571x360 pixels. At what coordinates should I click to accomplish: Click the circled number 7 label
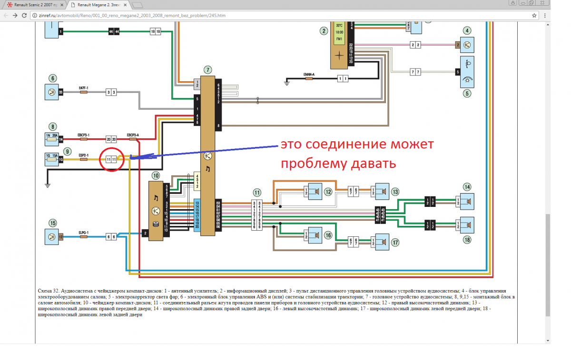tap(207, 69)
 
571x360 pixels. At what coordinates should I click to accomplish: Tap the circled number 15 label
tap(53, 222)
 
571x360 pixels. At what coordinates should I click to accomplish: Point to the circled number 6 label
tap(53, 78)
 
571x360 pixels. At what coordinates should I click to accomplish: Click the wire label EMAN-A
tap(308, 74)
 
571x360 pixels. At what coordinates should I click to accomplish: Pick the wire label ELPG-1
tap(84, 233)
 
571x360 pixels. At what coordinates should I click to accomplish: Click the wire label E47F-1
tap(83, 88)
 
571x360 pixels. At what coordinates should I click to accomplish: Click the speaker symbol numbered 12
tap(315, 192)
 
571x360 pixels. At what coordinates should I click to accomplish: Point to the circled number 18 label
tap(467, 240)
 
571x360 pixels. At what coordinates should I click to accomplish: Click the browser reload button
tap(26, 15)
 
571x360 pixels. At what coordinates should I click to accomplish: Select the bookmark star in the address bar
tap(534, 15)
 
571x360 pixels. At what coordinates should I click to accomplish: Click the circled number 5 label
tap(467, 93)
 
